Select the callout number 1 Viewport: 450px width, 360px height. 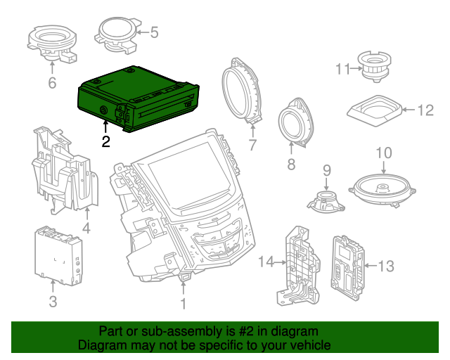[x=183, y=304]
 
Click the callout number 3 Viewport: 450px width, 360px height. [x=53, y=303]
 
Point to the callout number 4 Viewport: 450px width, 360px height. [x=86, y=229]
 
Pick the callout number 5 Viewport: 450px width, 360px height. [x=153, y=32]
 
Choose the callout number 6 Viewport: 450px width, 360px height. [x=51, y=84]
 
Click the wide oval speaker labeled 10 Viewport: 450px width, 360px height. [x=383, y=188]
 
